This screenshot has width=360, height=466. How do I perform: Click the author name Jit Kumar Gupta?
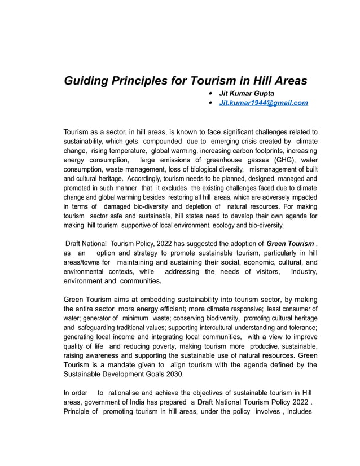pos(247,93)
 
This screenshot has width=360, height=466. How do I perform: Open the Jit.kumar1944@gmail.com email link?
pos(264,103)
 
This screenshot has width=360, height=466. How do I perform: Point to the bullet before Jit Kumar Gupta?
pos(210,93)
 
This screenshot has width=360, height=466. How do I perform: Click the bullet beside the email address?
pos(210,103)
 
